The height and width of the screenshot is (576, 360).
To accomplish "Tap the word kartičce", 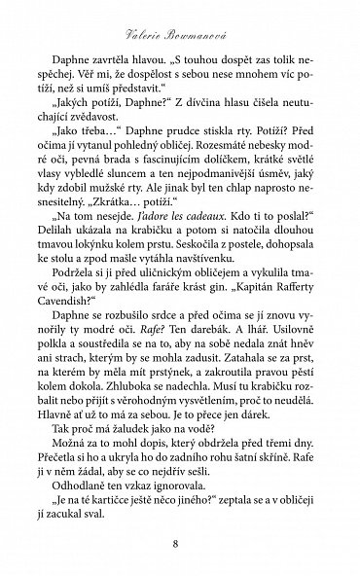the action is [x=116, y=495].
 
